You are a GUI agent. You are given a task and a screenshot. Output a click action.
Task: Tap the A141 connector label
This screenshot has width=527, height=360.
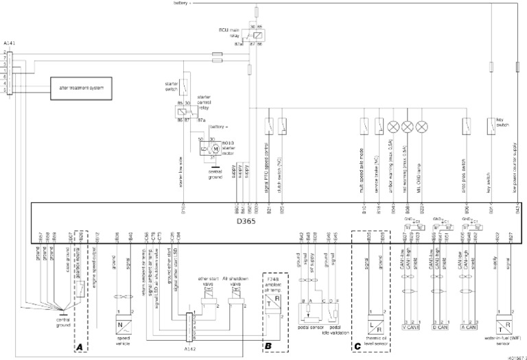[10, 43]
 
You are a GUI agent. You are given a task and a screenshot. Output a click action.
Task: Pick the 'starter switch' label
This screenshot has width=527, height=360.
[172, 86]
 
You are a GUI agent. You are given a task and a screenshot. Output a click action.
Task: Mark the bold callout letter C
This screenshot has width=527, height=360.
[357, 346]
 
